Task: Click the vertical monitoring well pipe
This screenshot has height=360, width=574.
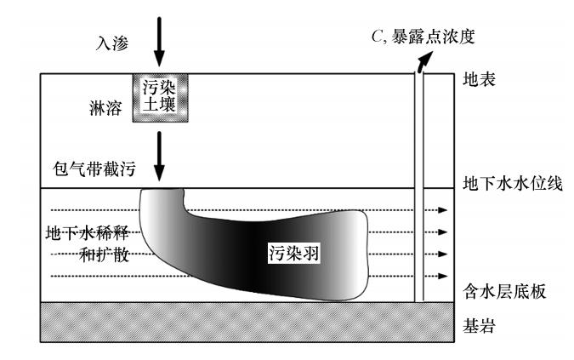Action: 418,187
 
